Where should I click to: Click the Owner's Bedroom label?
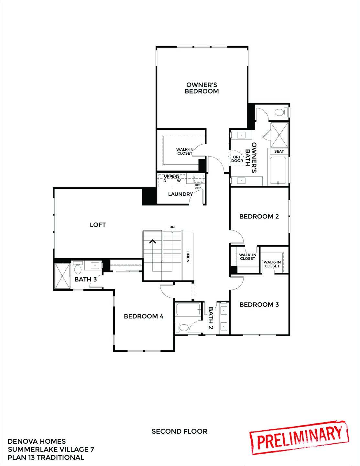[x=202, y=88]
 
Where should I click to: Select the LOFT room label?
[x=98, y=225]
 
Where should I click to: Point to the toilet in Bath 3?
[x=78, y=269]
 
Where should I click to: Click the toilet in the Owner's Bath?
[x=279, y=113]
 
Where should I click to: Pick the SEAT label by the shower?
[x=279, y=151]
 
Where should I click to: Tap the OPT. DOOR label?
[x=237, y=159]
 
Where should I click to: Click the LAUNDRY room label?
[x=180, y=194]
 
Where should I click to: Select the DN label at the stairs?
[x=172, y=227]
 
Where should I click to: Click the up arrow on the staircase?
[x=152, y=241]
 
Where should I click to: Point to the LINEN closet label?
[x=188, y=256]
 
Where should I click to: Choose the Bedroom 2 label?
[x=259, y=216]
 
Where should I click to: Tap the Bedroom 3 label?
[x=259, y=305]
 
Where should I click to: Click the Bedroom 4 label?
[x=143, y=316]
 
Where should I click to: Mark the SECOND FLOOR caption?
[x=180, y=431]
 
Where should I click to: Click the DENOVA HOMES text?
[x=37, y=441]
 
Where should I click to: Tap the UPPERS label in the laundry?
[x=172, y=176]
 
